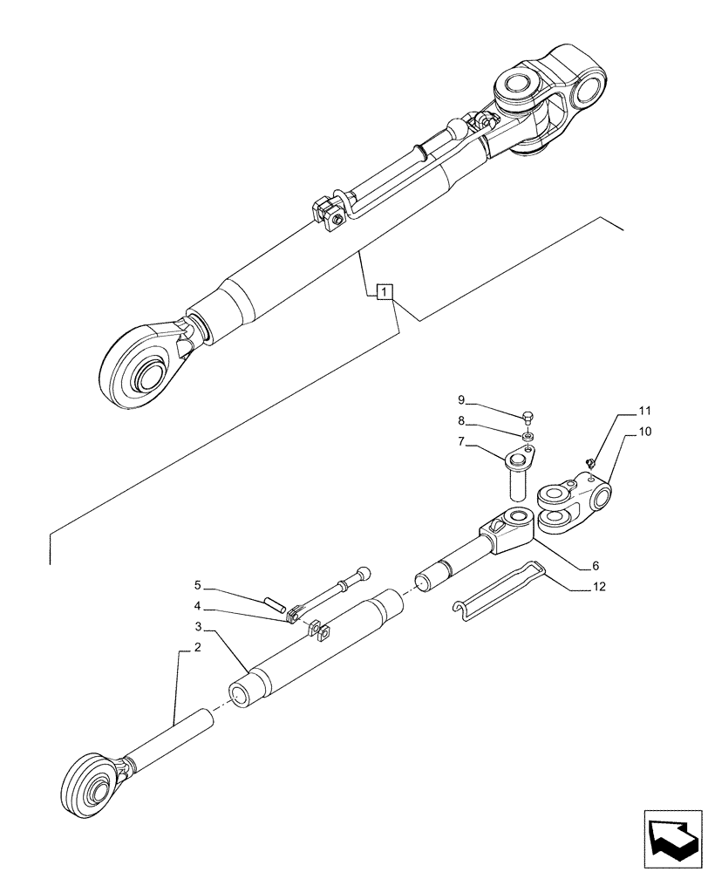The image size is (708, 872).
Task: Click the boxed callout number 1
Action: tap(386, 291)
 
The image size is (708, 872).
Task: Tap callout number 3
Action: tap(199, 626)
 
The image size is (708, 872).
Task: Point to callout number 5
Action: tap(198, 584)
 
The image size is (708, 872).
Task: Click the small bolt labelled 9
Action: tap(528, 418)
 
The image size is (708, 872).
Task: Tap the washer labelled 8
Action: tap(529, 435)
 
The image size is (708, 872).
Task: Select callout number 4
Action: tap(198, 606)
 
